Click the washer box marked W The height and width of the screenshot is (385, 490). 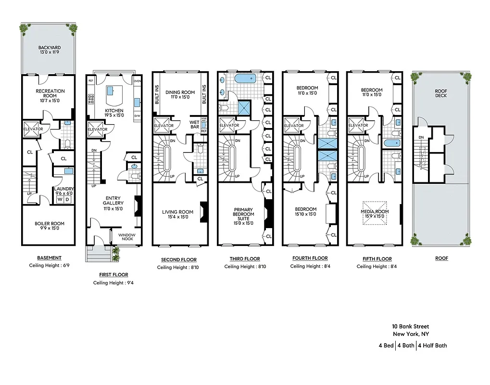60,199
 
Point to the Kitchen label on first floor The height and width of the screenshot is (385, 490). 114,113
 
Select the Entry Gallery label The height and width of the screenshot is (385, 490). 113,200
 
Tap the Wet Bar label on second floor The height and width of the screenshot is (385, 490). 194,125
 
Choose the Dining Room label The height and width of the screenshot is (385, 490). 179,95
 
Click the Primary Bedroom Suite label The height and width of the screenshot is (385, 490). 243,216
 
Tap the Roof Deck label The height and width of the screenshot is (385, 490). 441,92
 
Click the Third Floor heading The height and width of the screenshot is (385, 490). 244,259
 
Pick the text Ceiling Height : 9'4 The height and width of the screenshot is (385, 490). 113,283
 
